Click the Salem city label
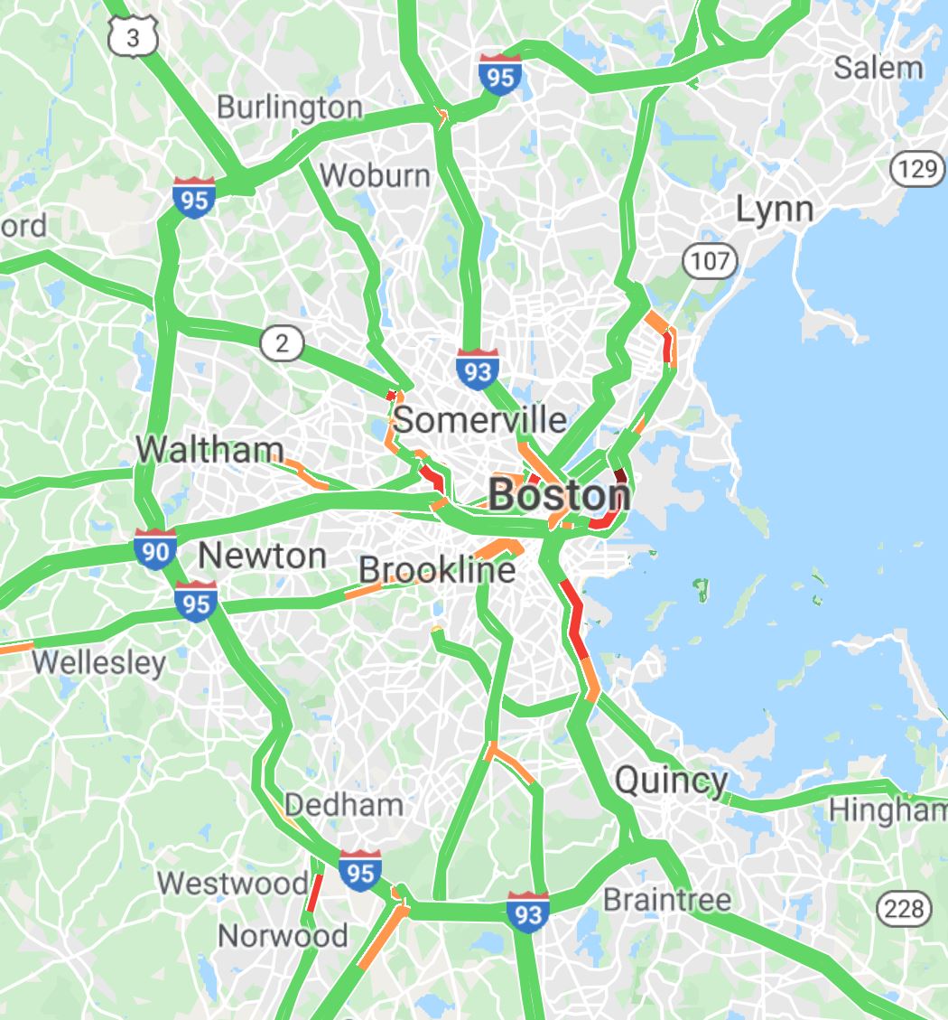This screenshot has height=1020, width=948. pos(878,68)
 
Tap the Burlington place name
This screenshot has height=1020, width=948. pos(289,108)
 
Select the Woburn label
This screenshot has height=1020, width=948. pos(375,174)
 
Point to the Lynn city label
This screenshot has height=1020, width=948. pos(774,210)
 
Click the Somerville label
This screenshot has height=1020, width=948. pos(480,419)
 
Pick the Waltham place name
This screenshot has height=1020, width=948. pos(209,449)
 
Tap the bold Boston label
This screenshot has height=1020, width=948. pos(559,495)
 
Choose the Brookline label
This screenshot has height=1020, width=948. pos(437,570)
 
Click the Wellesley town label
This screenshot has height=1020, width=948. pos(98,662)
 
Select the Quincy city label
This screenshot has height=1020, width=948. pos(671,781)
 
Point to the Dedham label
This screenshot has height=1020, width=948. pos(343,804)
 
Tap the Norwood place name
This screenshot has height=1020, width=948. pos(283,935)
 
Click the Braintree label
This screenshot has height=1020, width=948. pos(666,900)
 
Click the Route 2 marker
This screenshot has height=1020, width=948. pos(282,343)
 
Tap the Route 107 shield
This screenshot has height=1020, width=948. pos(710,262)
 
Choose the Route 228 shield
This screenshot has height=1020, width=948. pos(904,908)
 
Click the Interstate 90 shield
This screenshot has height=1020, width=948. pos(155,549)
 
